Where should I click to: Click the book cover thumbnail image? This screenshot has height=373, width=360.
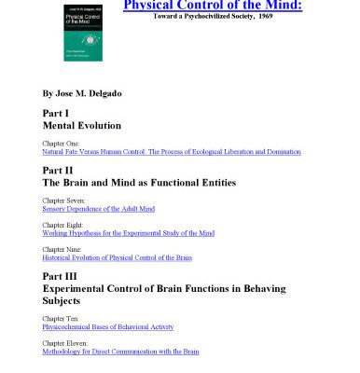[83, 30]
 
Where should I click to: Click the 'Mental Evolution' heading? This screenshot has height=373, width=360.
[82, 124]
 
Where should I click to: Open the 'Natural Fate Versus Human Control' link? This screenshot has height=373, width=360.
[172, 151]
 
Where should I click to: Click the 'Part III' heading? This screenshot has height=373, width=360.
[61, 277]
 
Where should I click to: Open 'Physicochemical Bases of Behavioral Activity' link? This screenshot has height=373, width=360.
[108, 326]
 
